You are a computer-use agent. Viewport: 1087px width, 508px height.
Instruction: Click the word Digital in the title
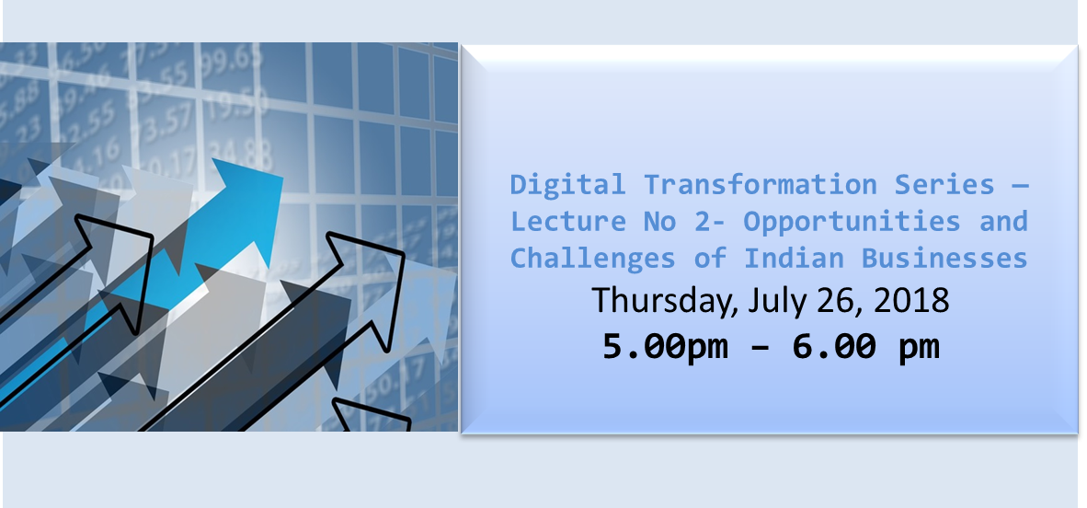[568, 185]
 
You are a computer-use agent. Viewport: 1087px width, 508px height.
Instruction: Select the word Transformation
[761, 185]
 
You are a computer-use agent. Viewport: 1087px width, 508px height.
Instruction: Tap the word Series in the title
[944, 185]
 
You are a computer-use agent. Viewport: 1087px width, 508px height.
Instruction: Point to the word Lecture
[568, 222]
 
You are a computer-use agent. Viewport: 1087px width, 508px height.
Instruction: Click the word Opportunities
[852, 223]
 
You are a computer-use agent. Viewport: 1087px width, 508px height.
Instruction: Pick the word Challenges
[593, 259]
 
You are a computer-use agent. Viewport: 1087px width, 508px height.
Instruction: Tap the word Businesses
[944, 258]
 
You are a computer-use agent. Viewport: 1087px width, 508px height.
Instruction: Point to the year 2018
[911, 301]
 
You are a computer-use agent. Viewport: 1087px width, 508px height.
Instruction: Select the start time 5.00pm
[666, 346]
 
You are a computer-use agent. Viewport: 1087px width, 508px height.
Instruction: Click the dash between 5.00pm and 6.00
[761, 347]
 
